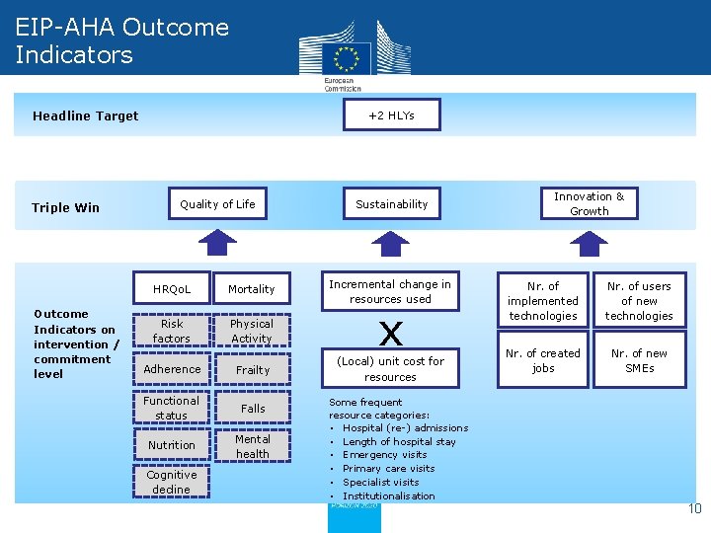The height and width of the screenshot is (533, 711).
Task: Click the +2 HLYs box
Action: (391, 115)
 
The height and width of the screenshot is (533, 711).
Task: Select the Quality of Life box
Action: (217, 204)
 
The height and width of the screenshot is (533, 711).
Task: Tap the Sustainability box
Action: (392, 204)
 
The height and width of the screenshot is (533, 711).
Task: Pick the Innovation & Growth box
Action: (589, 204)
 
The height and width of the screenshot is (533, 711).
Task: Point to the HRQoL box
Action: (172, 289)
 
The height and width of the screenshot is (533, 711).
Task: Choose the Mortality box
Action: (252, 289)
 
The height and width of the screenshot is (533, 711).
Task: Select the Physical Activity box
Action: (252, 332)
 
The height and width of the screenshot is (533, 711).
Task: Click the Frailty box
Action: (252, 370)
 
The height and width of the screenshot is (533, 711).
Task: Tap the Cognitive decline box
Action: (172, 482)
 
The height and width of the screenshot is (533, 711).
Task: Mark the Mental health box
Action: (252, 446)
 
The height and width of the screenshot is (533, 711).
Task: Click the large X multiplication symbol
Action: (391, 331)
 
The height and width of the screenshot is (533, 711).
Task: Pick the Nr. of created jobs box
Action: (543, 361)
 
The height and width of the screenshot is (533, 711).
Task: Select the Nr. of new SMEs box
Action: (639, 361)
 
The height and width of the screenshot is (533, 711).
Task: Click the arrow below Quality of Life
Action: (217, 243)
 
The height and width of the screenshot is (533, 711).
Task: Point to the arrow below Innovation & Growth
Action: (589, 243)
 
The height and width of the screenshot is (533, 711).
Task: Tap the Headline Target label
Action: (86, 116)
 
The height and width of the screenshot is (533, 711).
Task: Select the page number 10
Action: (694, 509)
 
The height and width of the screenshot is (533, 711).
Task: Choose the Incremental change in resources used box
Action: (390, 291)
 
